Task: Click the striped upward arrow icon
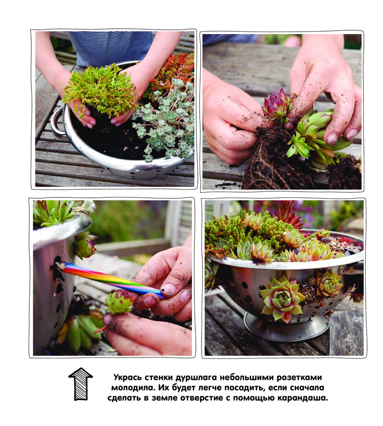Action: click(80, 384)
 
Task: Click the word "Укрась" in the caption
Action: click(127, 378)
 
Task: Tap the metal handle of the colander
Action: click(56, 121)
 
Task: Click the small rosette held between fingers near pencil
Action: click(119, 302)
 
